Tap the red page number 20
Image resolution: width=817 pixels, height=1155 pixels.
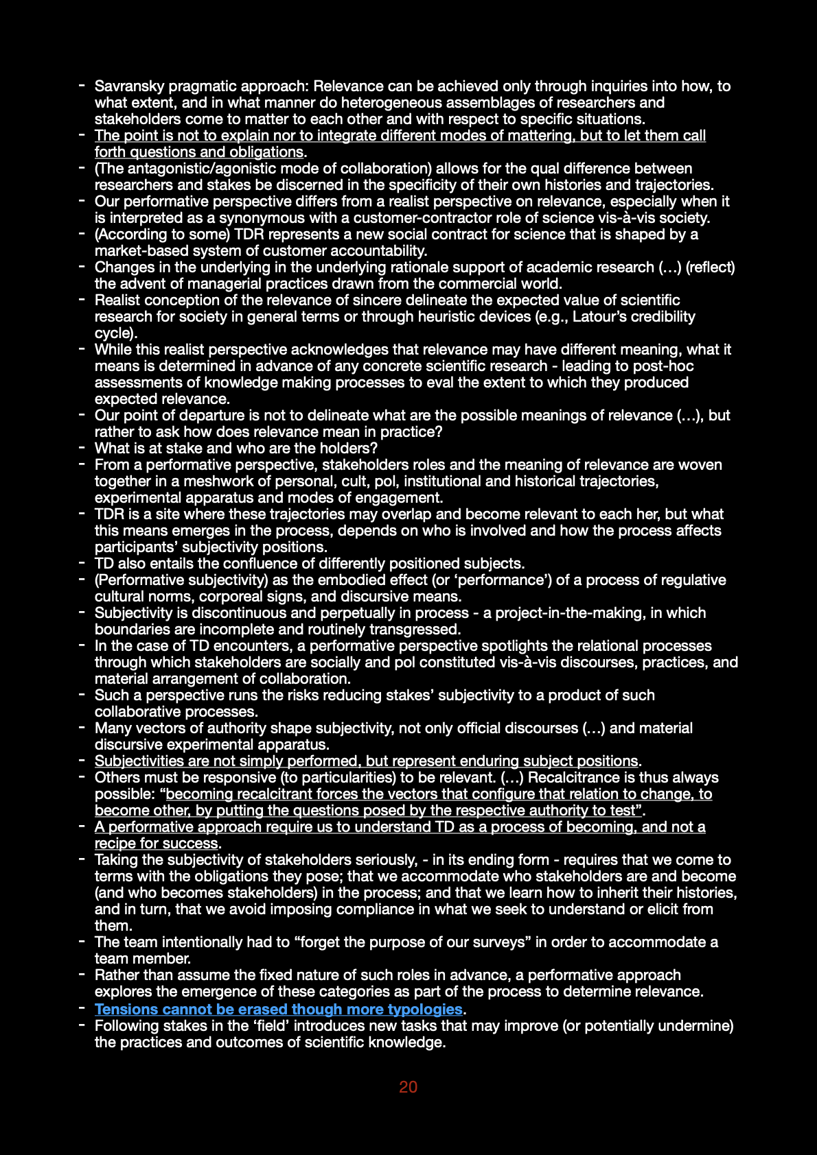point(408,1087)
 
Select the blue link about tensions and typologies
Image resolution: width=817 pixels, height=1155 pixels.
point(278,1010)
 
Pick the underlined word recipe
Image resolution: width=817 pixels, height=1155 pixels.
point(115,844)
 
